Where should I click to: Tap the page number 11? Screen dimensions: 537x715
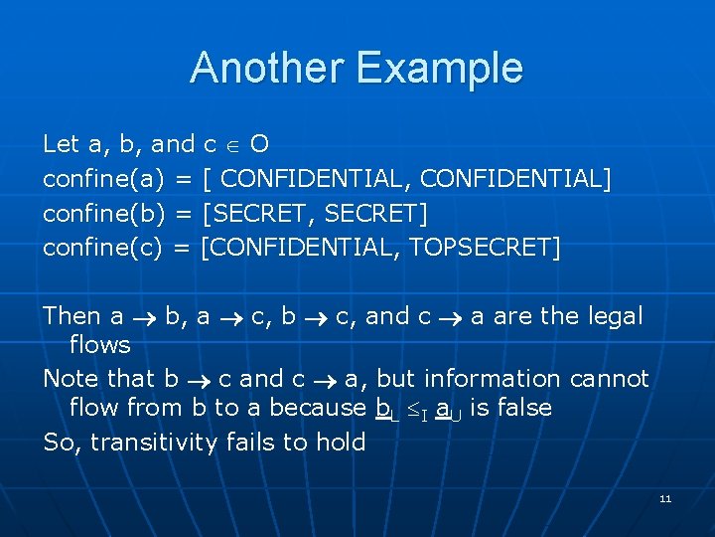point(665,498)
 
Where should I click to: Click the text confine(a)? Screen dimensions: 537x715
point(102,179)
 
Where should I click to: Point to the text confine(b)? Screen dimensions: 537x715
point(102,213)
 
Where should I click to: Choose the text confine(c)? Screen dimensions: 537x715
point(102,248)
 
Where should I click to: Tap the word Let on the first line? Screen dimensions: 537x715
point(61,144)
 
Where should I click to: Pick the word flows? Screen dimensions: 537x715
point(99,345)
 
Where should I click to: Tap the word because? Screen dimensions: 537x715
point(318,408)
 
